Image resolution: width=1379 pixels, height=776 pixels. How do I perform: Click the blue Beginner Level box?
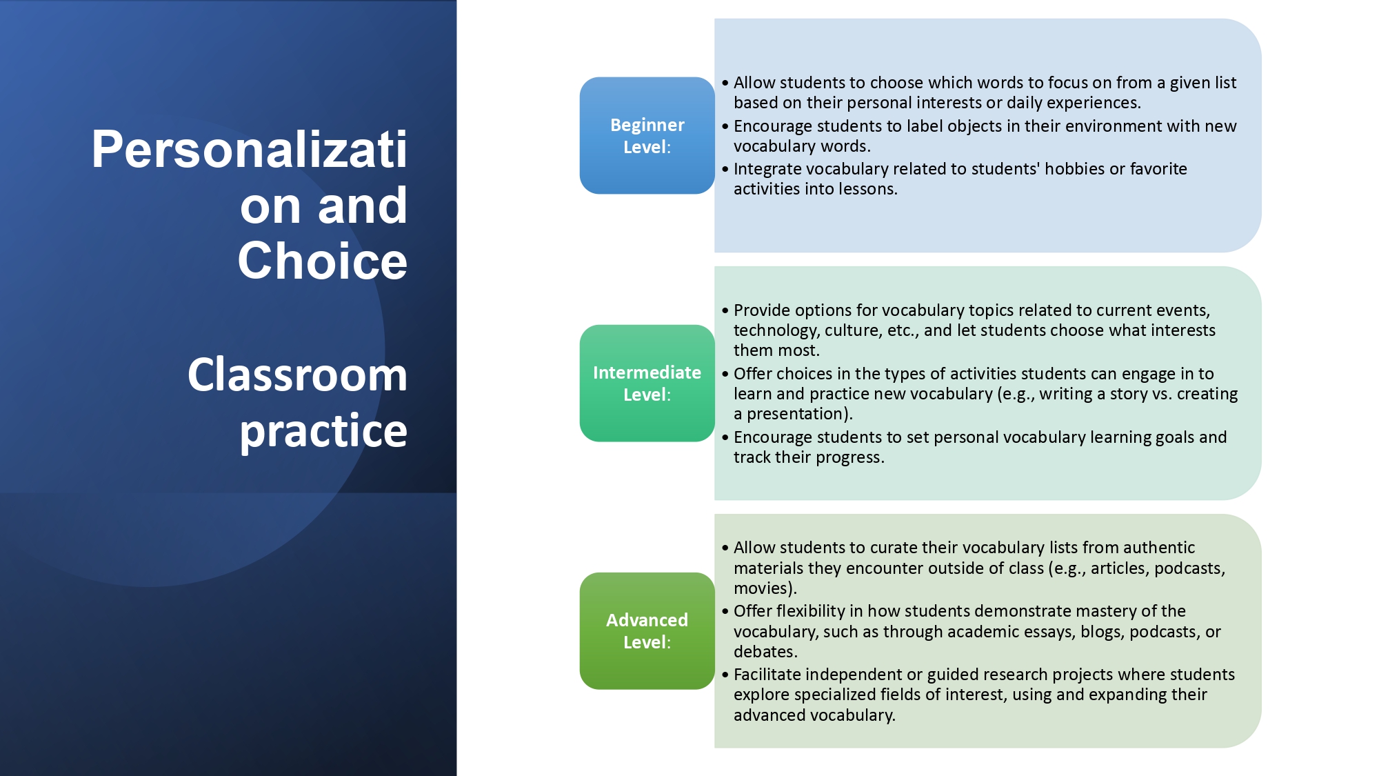647,135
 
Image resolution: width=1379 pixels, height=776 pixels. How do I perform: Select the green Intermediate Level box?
647,383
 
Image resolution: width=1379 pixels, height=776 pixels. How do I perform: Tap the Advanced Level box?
647,630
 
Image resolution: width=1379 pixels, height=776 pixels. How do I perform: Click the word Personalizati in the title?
249,149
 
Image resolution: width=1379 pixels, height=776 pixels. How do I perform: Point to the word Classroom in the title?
297,375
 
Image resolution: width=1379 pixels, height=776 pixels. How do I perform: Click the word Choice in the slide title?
322,261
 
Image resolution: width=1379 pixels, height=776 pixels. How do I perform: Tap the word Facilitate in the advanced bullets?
767,675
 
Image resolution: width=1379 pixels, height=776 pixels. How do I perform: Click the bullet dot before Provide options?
725,311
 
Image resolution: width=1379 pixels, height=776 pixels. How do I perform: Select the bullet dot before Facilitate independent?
725,675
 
